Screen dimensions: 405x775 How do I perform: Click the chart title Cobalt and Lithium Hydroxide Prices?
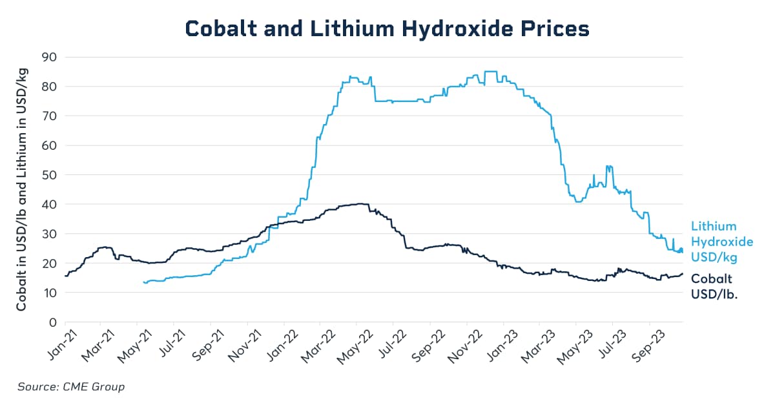click(x=387, y=29)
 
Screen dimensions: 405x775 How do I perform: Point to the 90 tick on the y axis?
click(x=49, y=57)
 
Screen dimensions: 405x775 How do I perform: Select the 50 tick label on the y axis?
click(x=49, y=175)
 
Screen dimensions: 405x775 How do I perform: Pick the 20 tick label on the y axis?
click(x=49, y=264)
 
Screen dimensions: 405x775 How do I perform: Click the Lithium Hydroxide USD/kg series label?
click(x=722, y=242)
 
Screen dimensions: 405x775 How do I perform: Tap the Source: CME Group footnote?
click(x=71, y=387)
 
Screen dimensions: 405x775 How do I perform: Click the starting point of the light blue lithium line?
click(x=143, y=282)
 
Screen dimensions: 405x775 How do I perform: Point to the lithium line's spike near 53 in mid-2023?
click(x=608, y=166)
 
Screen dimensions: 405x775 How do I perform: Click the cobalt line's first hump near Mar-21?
click(x=103, y=247)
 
